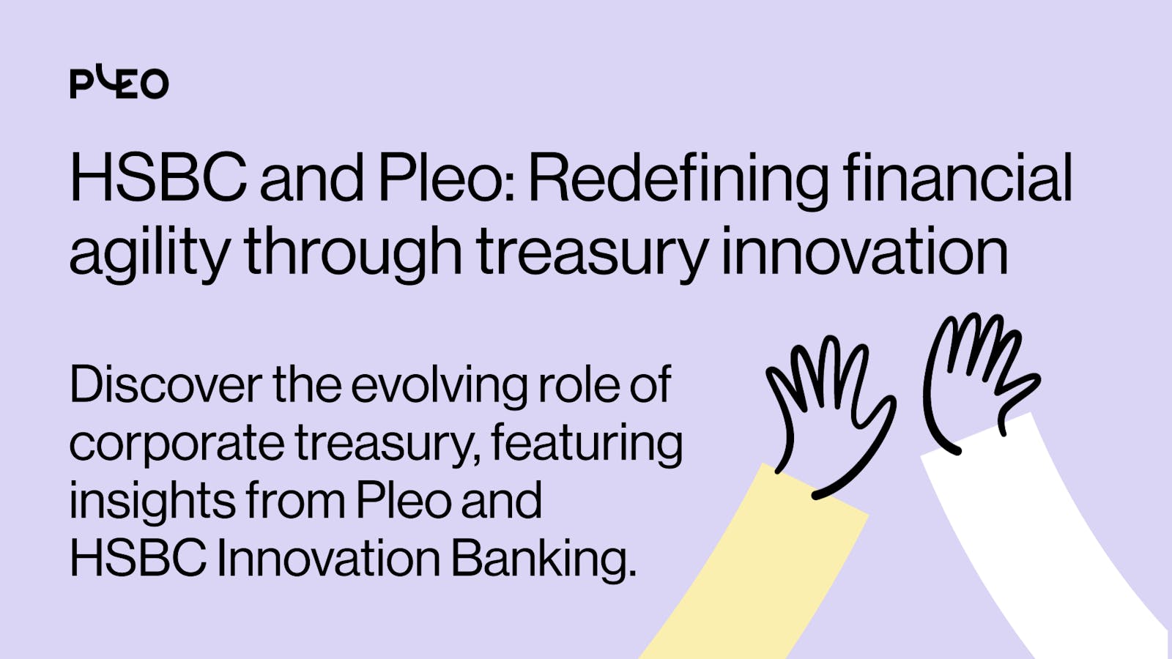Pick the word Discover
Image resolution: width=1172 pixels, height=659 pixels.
tap(166, 385)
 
